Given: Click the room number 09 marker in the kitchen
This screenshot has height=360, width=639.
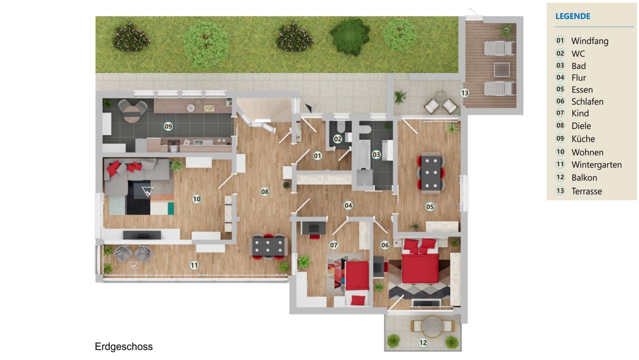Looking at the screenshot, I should pyautogui.click(x=168, y=126).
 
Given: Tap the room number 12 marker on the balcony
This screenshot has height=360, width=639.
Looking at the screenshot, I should pyautogui.click(x=423, y=342).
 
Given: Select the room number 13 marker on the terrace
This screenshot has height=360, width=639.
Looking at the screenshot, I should pyautogui.click(x=464, y=93).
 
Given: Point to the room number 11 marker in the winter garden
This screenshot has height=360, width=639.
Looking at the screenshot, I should pyautogui.click(x=194, y=265).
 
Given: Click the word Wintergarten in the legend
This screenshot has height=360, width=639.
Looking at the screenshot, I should pyautogui.click(x=596, y=165).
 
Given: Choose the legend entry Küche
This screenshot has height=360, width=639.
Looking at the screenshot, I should pyautogui.click(x=583, y=139).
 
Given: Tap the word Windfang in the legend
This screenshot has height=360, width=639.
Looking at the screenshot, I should pyautogui.click(x=590, y=41).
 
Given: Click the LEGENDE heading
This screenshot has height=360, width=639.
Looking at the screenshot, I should pyautogui.click(x=573, y=16).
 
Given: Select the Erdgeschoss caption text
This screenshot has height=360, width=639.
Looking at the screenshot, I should pyautogui.click(x=124, y=346).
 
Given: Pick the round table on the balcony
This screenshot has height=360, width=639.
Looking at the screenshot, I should pyautogui.click(x=432, y=326).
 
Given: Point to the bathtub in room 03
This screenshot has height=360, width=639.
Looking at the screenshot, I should pyautogui.click(x=363, y=154).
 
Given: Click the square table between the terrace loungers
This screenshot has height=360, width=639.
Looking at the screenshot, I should pyautogui.click(x=502, y=70).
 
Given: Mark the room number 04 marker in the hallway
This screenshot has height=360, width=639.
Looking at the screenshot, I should pyautogui.click(x=348, y=205).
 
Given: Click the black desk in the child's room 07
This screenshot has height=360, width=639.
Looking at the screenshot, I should pyautogui.click(x=313, y=227).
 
